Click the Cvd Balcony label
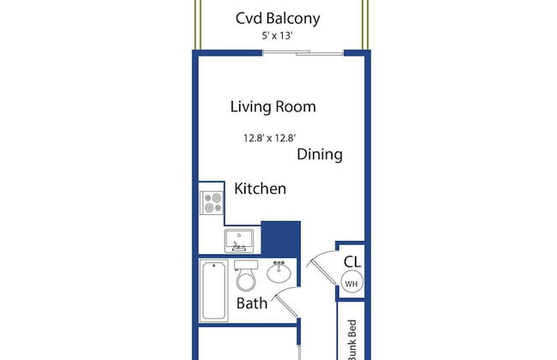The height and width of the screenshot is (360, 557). (x=278, y=18)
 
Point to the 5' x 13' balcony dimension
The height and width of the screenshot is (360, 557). (x=278, y=36)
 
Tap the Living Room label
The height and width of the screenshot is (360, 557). (x=273, y=107)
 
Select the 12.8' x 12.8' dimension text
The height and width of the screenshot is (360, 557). (x=269, y=136)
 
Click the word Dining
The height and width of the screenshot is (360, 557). (x=320, y=154)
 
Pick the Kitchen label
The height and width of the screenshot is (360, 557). (x=260, y=189)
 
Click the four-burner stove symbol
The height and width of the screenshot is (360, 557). (x=212, y=203)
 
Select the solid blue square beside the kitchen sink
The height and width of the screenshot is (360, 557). (x=280, y=237)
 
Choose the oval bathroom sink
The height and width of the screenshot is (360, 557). (x=278, y=273)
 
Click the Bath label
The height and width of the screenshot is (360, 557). (x=251, y=303)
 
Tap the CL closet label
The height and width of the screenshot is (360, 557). (x=351, y=262)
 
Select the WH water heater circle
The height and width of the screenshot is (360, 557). (x=351, y=284)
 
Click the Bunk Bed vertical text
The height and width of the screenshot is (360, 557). (x=351, y=339)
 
